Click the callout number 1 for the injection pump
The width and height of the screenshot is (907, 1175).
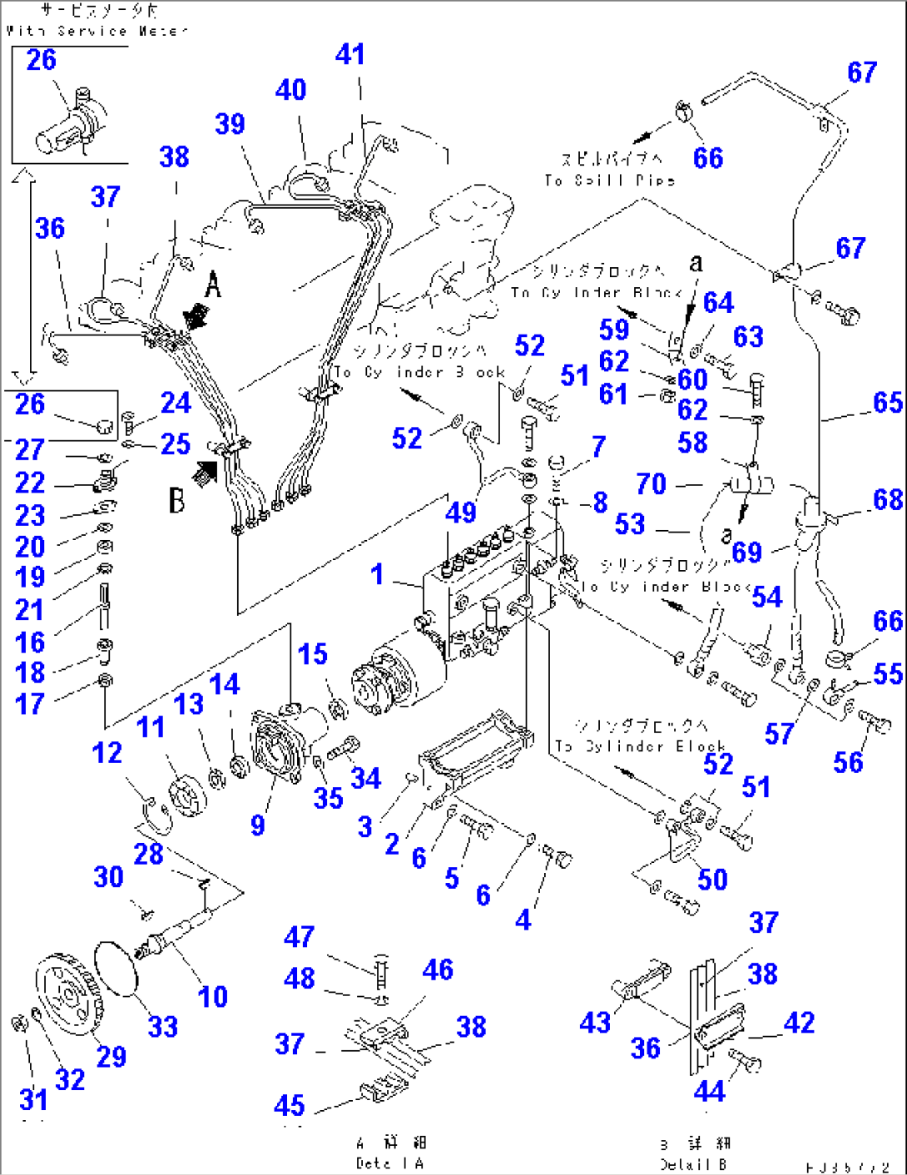(377, 573)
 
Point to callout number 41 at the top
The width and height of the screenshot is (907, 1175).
(350, 54)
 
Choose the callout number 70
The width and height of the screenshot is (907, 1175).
(651, 483)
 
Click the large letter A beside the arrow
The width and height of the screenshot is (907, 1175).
(214, 285)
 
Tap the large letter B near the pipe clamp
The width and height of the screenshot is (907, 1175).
(177, 500)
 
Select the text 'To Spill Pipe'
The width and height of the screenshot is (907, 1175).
(609, 180)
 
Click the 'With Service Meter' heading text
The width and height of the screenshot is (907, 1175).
(96, 31)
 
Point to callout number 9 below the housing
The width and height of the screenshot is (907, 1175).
(258, 825)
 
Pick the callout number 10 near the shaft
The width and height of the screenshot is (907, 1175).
(213, 996)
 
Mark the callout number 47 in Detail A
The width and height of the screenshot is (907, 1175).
(299, 936)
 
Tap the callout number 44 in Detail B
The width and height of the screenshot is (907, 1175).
(709, 1090)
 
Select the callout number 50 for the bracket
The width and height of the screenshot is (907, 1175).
(712, 879)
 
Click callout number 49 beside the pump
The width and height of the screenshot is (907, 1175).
(460, 513)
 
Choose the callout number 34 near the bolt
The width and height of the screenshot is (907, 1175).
(366, 778)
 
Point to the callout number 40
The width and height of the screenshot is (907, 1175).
(290, 89)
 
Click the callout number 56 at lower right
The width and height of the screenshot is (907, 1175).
(848, 761)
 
